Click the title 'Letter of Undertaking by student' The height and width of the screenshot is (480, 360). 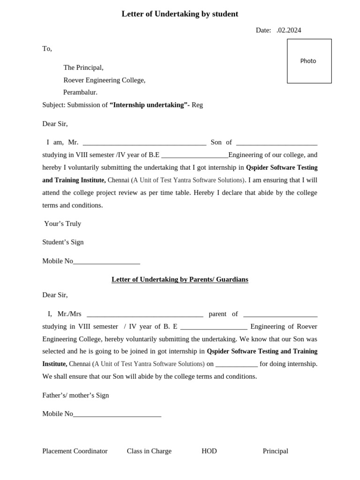[180, 14]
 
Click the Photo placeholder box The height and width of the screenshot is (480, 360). [309, 61]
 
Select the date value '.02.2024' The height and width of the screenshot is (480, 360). [289, 30]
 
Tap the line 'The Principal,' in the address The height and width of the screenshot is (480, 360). [83, 67]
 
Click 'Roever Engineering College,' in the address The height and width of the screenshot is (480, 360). [104, 80]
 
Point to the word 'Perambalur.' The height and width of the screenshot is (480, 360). [80, 92]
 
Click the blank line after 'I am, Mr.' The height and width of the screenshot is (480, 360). [144, 143]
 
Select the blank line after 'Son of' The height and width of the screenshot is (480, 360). [277, 143]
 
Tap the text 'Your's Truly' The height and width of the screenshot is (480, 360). [62, 224]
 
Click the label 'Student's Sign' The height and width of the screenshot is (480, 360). [63, 242]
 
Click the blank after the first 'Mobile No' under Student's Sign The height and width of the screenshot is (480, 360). [106, 262]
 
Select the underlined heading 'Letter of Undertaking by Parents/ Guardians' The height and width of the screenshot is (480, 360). [180, 279]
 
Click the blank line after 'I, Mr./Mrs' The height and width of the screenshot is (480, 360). [145, 315]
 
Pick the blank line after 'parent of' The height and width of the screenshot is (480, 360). [280, 315]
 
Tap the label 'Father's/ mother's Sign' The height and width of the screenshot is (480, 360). [75, 395]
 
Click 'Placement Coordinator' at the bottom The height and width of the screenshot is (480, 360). [75, 451]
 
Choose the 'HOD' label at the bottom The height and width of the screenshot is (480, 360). [209, 451]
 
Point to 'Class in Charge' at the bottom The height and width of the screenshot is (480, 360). [149, 451]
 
